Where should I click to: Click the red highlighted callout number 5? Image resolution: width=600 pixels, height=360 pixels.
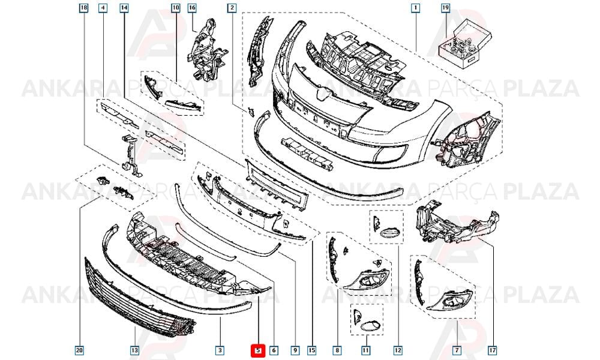[258, 350]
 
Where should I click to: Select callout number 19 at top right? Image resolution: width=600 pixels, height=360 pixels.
[445, 8]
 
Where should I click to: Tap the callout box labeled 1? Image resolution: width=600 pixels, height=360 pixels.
[415, 8]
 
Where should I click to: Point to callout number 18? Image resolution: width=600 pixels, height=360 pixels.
[84, 8]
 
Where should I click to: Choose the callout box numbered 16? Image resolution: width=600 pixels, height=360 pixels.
[192, 8]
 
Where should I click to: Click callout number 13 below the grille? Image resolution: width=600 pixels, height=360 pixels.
[134, 350]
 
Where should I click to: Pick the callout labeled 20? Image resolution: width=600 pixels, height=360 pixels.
[79, 350]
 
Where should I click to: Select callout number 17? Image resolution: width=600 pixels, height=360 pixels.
[493, 350]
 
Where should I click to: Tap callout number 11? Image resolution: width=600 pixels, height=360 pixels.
[366, 350]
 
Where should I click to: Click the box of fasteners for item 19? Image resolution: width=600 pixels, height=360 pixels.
[464, 46]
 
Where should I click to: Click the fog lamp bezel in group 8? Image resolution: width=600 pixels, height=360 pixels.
[367, 279]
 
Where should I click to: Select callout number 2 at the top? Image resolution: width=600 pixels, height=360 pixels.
[232, 8]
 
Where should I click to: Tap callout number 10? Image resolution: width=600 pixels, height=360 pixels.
[175, 8]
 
